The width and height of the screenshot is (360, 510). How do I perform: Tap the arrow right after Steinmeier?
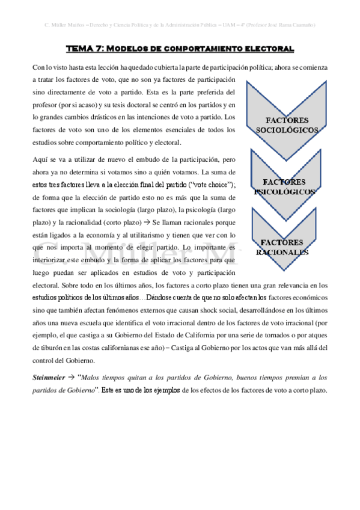click(71, 378)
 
